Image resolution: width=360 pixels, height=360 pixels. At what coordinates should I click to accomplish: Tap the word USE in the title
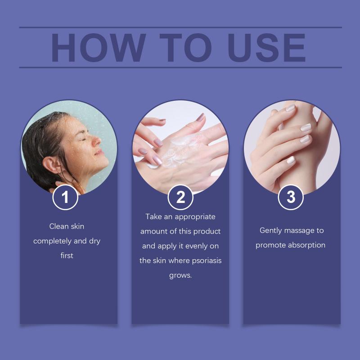click(x=267, y=48)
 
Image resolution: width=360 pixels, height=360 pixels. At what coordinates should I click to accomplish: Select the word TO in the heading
click(x=185, y=48)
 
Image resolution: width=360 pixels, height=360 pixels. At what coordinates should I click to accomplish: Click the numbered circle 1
click(x=65, y=197)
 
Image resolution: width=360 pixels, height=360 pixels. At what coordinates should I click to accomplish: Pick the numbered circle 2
click(x=180, y=197)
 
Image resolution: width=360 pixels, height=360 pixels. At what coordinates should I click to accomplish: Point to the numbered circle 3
click(x=291, y=197)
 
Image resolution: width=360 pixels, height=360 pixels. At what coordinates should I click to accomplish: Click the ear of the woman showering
click(x=50, y=165)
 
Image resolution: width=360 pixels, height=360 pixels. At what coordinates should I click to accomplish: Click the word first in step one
click(x=67, y=256)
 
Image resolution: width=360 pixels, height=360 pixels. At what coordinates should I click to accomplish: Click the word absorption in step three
click(x=306, y=245)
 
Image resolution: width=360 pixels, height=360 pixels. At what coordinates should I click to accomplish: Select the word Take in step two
click(x=153, y=216)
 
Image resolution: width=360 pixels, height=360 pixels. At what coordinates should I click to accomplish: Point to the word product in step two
click(x=207, y=231)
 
